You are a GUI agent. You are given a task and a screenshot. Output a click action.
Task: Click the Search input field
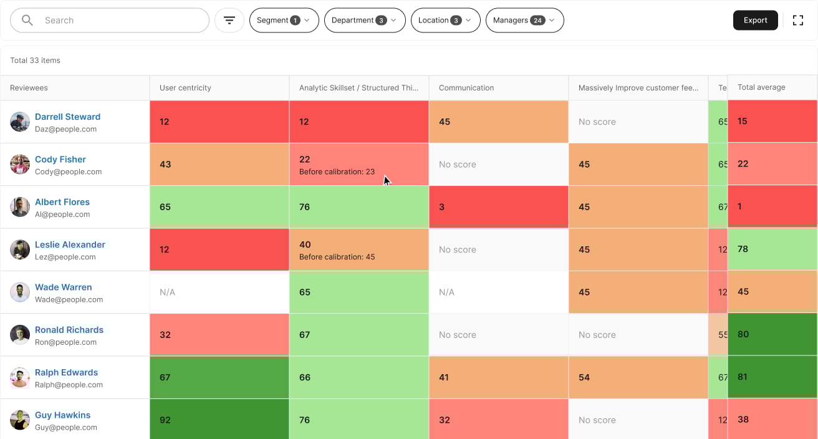pyautogui.click(x=118, y=21)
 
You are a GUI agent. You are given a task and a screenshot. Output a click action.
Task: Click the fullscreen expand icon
pyautogui.click(x=797, y=21)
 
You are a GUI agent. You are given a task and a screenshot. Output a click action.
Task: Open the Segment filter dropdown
pyautogui.click(x=284, y=21)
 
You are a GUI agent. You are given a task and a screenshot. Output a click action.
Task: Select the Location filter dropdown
pyautogui.click(x=445, y=21)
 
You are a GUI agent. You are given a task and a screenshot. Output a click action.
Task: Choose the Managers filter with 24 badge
pyautogui.click(x=524, y=21)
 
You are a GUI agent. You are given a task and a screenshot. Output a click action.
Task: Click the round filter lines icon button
pyautogui.click(x=229, y=21)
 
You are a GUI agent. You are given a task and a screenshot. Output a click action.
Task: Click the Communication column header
pyautogui.click(x=466, y=88)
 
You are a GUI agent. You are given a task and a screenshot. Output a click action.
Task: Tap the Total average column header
pyautogui.click(x=761, y=87)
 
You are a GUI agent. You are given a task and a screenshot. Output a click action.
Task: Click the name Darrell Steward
pyautogui.click(x=67, y=117)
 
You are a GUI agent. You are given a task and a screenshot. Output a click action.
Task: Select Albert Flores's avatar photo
pyautogui.click(x=20, y=207)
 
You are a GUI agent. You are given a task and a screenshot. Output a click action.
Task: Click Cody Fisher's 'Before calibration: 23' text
pyautogui.click(x=337, y=171)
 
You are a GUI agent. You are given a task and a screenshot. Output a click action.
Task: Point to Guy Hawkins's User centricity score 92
pyautogui.click(x=165, y=420)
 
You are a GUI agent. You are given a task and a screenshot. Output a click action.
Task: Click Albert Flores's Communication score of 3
pyautogui.click(x=441, y=207)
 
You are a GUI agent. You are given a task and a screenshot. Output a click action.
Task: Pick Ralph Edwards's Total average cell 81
pyautogui.click(x=743, y=377)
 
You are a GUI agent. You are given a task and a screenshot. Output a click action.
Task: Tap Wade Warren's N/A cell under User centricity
pyautogui.click(x=167, y=292)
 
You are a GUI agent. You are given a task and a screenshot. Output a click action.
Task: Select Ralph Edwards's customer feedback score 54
pyautogui.click(x=584, y=377)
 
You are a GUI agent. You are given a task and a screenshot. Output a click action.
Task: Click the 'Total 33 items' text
pyautogui.click(x=35, y=60)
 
